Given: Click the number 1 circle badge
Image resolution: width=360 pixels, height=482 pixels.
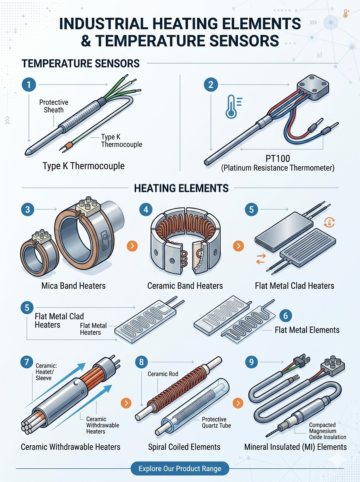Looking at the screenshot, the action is pos(29,84).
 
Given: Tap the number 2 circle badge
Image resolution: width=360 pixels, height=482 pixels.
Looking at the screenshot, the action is pos(211,84).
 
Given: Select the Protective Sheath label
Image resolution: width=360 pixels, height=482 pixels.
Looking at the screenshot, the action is pos(53,106).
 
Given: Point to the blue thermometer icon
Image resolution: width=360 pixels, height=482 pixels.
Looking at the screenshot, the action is pos(233,106).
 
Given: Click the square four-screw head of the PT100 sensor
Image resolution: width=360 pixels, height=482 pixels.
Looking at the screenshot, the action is pos(313,88).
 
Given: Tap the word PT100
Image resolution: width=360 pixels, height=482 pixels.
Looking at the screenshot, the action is pos(278,159).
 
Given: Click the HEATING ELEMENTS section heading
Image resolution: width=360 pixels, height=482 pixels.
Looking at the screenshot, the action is pos(181,188).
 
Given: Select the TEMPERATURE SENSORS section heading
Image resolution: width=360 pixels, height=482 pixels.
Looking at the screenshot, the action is pos(81,63).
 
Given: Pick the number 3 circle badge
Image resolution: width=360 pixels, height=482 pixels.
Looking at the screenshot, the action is pos(28,209).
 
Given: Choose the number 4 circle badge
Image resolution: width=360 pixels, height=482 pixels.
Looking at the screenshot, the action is pos(146,209).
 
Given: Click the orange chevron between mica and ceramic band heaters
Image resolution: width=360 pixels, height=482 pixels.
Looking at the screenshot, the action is pos(132,246).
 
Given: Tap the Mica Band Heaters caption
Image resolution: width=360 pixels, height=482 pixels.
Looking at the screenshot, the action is pos(74,286).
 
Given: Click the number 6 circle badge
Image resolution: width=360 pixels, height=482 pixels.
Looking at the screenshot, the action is pos(286,316).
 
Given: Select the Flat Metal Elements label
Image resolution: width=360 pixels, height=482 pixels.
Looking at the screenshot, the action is pos(307,330).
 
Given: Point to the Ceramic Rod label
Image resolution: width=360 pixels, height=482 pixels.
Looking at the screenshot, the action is pos(163,374).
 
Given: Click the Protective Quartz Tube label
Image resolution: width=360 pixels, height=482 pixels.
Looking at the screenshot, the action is pos(216,422).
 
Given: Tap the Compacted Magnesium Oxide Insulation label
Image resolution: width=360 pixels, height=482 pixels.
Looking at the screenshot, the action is pos(327,431).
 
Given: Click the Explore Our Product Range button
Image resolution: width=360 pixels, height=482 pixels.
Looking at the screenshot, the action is pos(180,469).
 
